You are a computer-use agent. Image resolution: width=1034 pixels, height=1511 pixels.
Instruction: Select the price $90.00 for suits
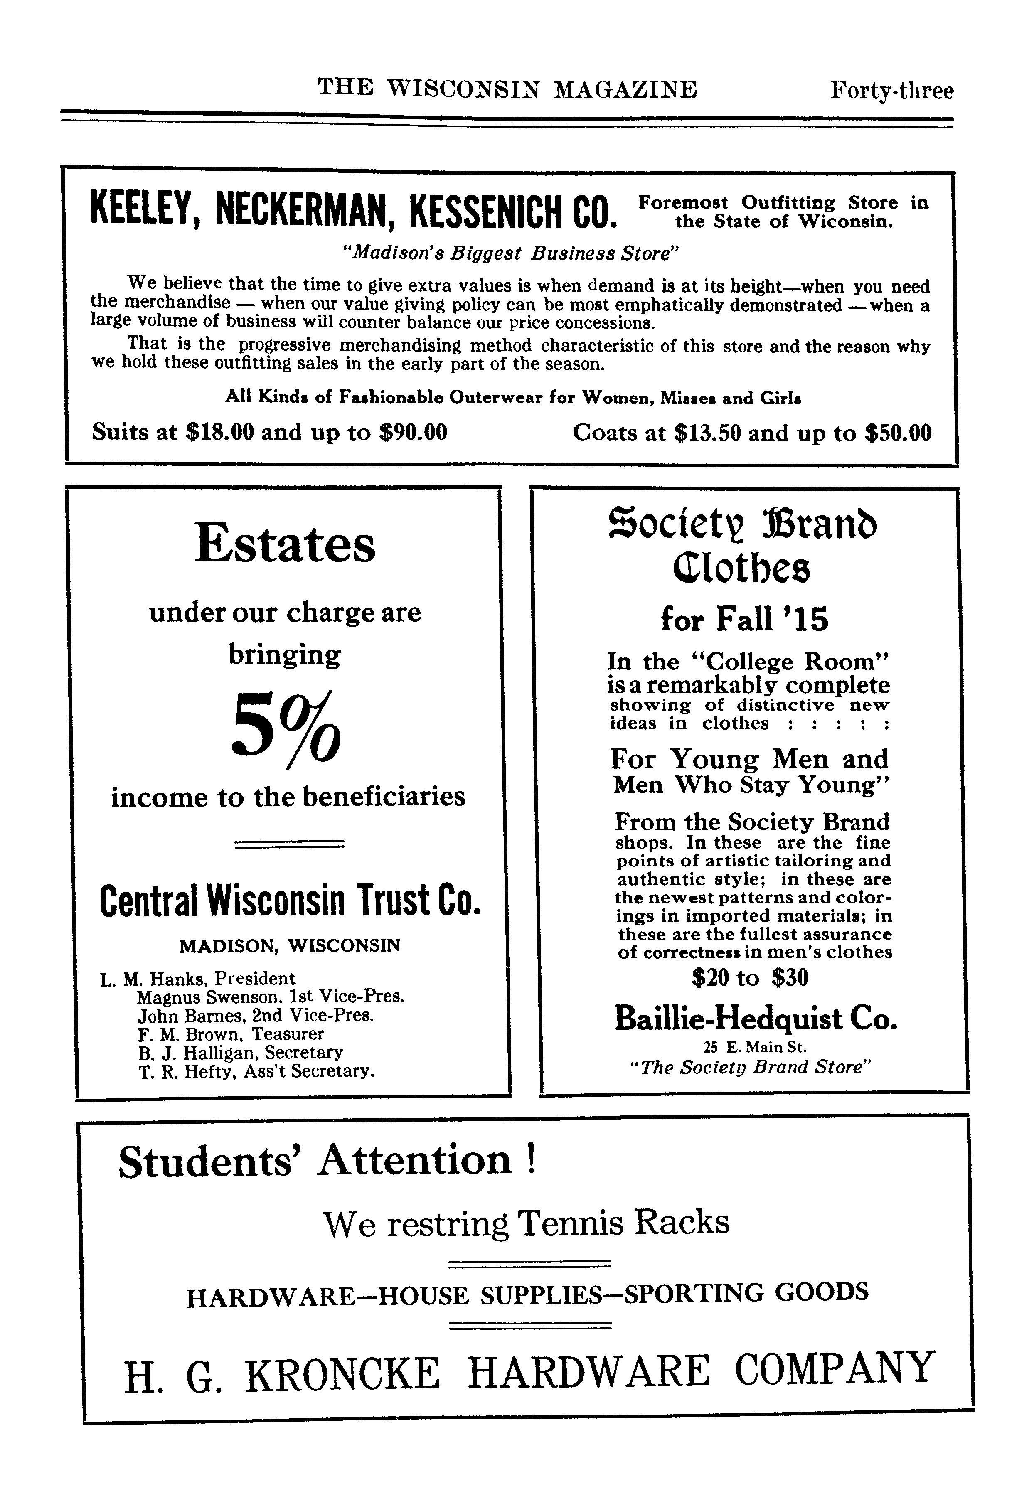pos(413,432)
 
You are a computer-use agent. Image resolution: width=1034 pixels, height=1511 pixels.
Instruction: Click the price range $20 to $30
pos(751,977)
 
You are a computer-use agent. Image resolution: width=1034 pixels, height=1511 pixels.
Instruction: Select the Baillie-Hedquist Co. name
pos(756,1018)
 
